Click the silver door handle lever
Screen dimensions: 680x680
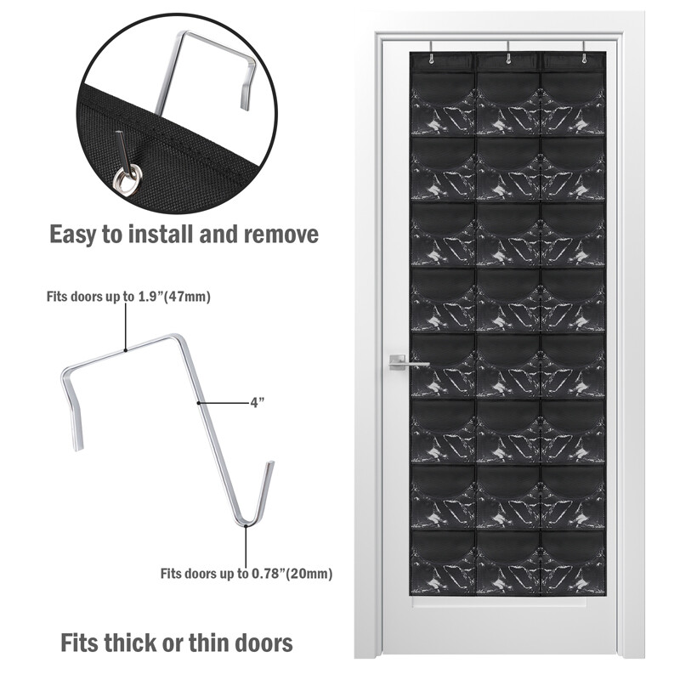408,362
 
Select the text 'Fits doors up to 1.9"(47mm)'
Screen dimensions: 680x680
128,297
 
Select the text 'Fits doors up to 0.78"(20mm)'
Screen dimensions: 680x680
246,574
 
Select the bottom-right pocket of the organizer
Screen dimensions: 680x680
572,561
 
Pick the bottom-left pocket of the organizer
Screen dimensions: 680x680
443,561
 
